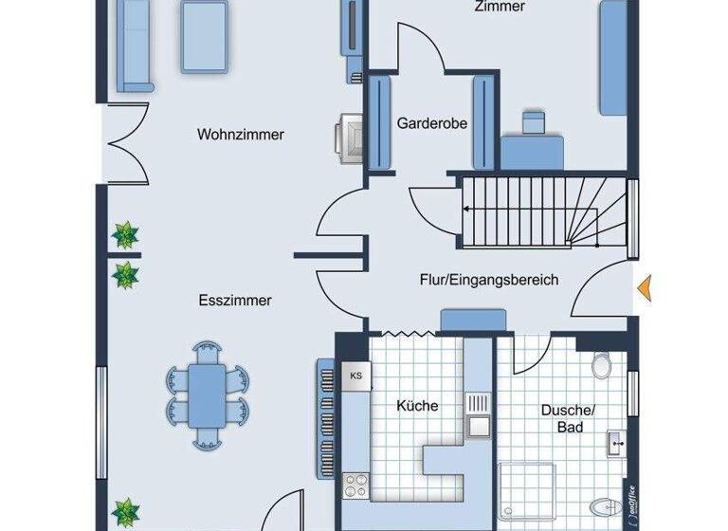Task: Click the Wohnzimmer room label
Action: tap(241, 135)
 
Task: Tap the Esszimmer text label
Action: tap(236, 301)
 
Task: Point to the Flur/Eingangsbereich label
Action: tap(489, 280)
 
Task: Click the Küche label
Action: tap(417, 406)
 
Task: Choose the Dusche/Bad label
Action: tap(567, 419)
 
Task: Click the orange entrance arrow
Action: tap(646, 287)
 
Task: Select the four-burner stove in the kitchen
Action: tap(356, 485)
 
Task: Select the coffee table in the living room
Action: tap(205, 34)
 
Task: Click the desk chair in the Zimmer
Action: tap(534, 122)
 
